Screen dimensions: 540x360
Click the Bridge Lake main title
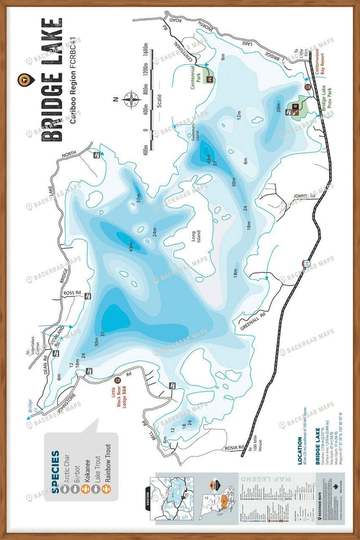(51, 79)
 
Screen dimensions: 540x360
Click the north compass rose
(130, 100)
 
